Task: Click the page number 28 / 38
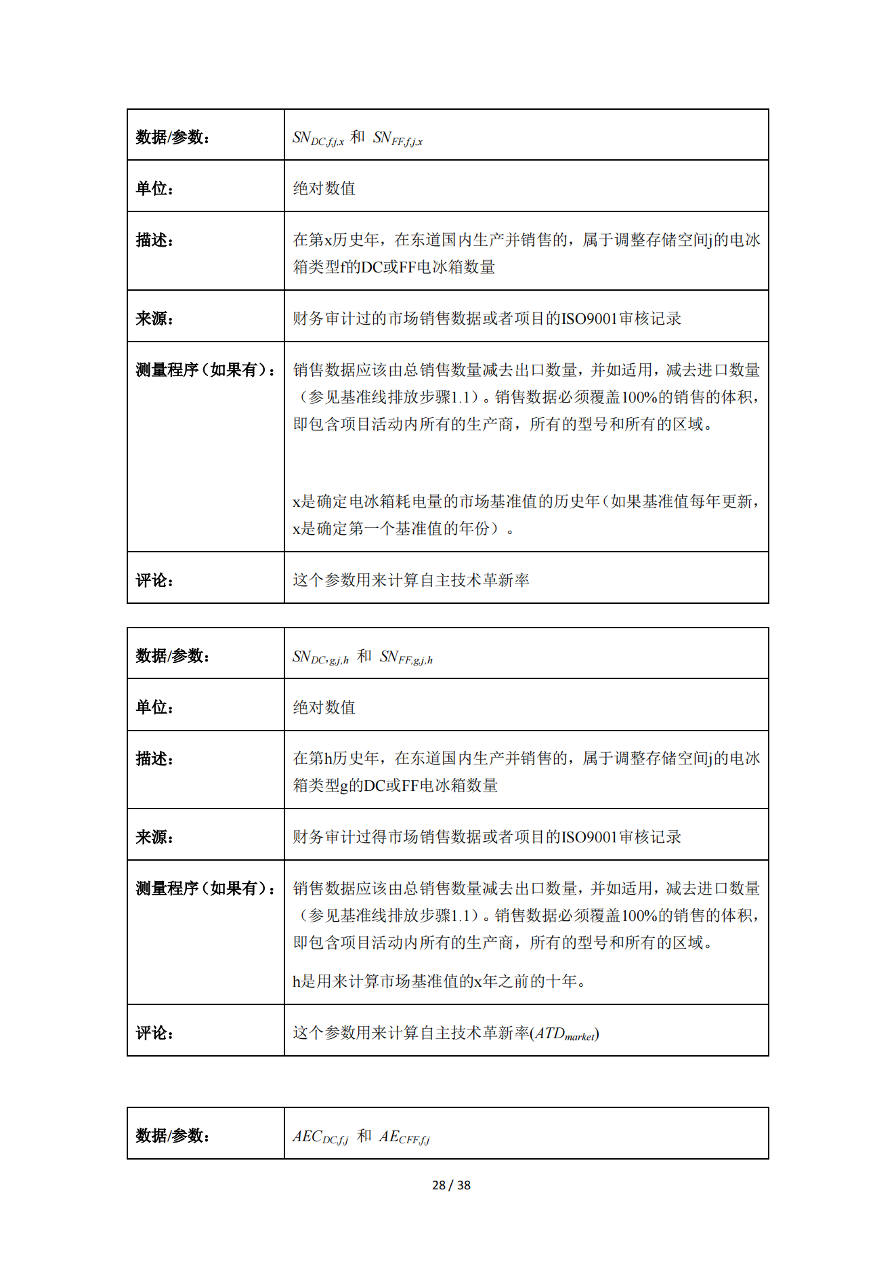pos(451,1185)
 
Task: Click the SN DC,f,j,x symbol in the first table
pos(318,138)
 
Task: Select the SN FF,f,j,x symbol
pos(398,138)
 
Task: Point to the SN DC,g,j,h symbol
pos(320,657)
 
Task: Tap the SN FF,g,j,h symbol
pos(406,657)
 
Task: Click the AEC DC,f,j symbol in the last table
pos(320,1137)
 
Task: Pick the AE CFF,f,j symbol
pos(404,1137)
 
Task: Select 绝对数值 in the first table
pos(324,188)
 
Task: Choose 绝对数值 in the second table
pos(324,708)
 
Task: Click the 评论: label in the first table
pos(154,580)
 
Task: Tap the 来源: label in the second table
pos(154,837)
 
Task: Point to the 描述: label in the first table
pos(154,240)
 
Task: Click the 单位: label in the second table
pos(154,708)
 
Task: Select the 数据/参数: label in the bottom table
pos(172,1135)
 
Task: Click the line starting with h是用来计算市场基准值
pos(439,981)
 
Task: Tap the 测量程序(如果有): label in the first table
pos(205,370)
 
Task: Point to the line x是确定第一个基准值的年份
pos(403,529)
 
